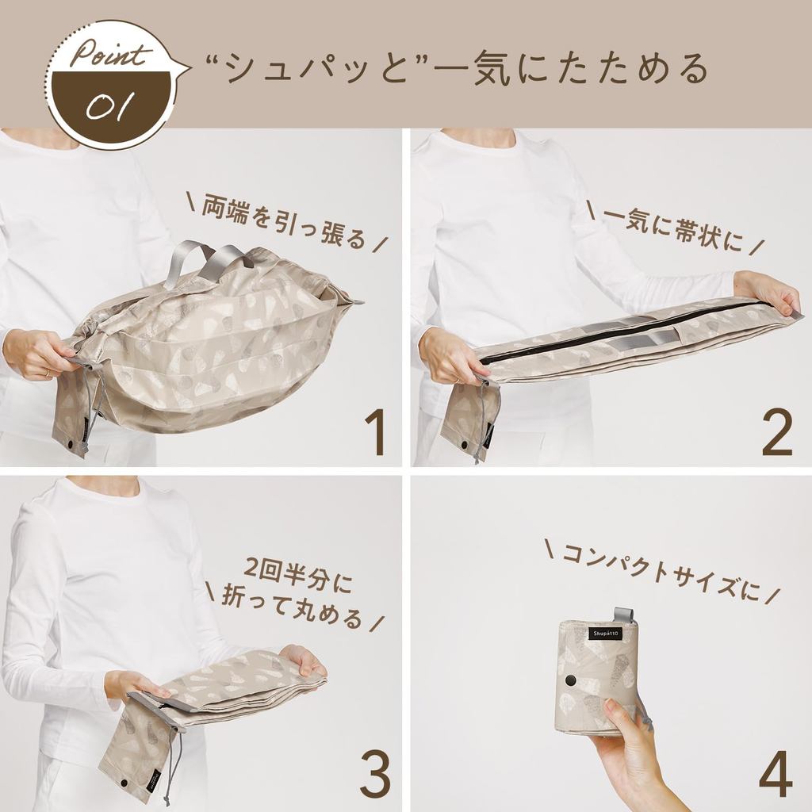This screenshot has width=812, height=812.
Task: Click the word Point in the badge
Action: click(x=110, y=54)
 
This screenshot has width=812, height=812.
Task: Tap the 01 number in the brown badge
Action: click(x=110, y=105)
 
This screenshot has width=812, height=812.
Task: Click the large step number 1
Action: click(x=375, y=432)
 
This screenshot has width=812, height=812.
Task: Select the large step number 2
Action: click(x=777, y=432)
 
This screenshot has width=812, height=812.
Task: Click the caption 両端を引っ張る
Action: click(x=284, y=221)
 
